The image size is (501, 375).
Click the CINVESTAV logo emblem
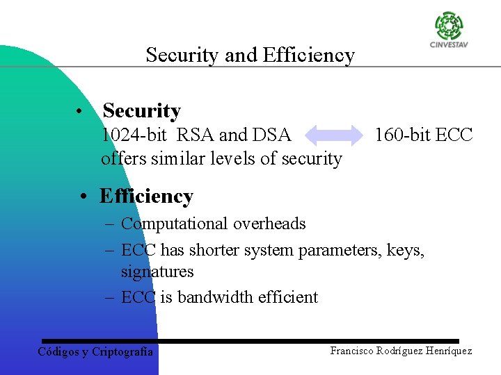[x=449, y=26]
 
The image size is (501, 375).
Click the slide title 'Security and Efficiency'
[x=250, y=55]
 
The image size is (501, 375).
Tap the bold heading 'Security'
[x=141, y=110]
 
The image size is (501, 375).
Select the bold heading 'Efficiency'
[x=146, y=197]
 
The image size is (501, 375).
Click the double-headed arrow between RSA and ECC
[x=333, y=135]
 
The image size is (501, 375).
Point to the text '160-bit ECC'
[x=423, y=135]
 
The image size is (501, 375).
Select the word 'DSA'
[x=271, y=135]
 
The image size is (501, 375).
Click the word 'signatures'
[x=157, y=272]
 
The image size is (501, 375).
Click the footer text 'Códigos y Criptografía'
[x=95, y=351]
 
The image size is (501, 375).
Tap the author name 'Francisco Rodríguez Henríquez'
[x=401, y=351]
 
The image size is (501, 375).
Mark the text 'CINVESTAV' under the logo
[x=449, y=46]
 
